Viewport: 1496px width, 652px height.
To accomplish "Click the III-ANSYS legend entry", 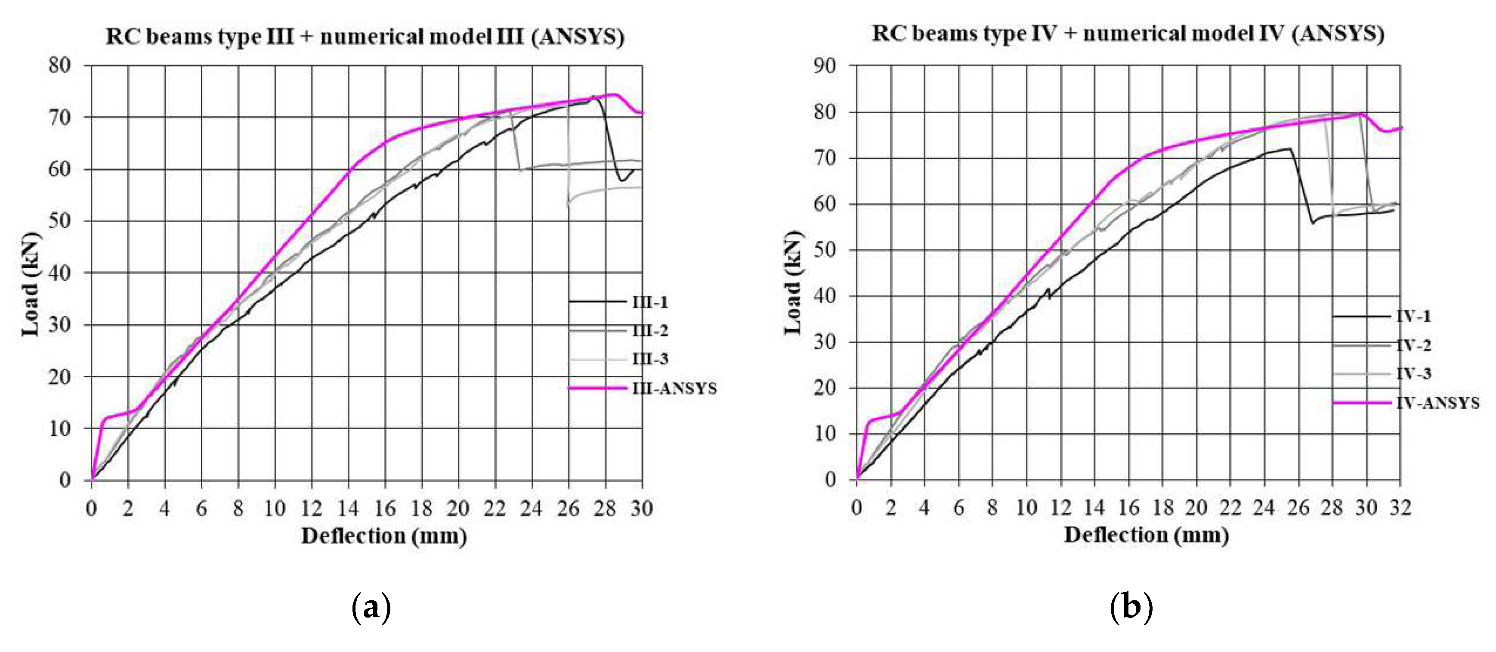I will point(674,388).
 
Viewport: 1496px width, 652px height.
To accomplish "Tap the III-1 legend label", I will point(650,302).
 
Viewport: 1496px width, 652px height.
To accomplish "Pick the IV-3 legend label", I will point(1413,374).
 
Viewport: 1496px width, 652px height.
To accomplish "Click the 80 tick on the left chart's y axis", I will point(60,65).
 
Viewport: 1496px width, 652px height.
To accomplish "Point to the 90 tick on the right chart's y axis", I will point(825,65).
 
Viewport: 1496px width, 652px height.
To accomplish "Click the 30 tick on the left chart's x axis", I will point(641,509).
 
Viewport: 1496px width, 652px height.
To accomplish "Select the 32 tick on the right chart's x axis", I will point(1400,508).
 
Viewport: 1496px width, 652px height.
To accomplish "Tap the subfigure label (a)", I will point(371,608).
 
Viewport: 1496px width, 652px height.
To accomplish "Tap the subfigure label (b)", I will point(1130,608).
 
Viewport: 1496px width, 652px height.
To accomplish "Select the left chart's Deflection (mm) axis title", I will point(384,536).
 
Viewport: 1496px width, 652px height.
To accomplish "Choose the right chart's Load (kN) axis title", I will point(793,283).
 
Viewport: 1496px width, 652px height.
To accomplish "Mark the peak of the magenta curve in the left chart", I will point(613,94).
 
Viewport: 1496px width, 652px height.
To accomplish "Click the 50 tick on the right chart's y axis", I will point(825,250).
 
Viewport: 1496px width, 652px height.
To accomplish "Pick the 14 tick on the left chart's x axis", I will point(348,509).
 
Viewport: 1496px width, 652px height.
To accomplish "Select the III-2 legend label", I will point(650,331).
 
